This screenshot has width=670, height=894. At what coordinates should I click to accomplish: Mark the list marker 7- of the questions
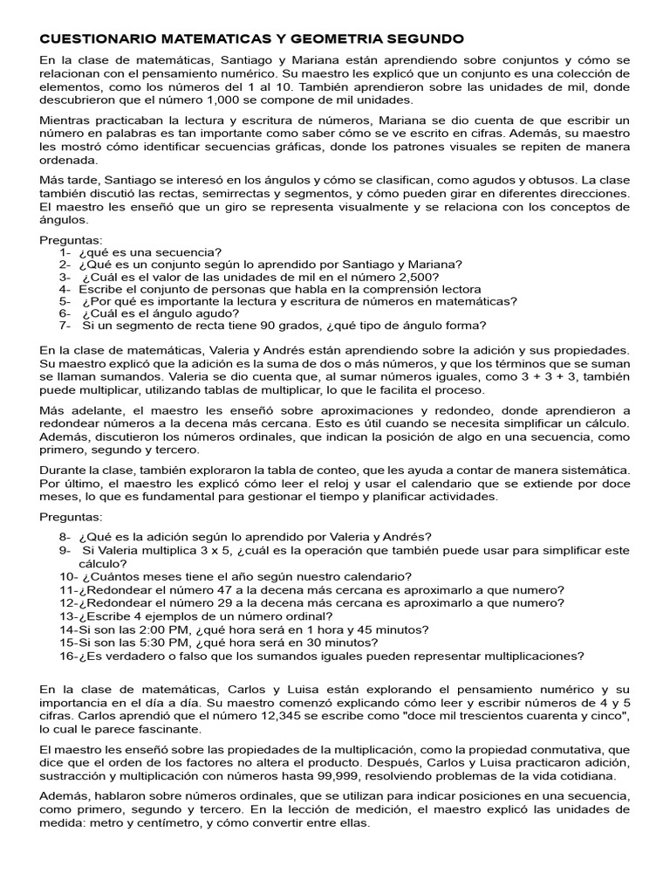[x=65, y=326]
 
